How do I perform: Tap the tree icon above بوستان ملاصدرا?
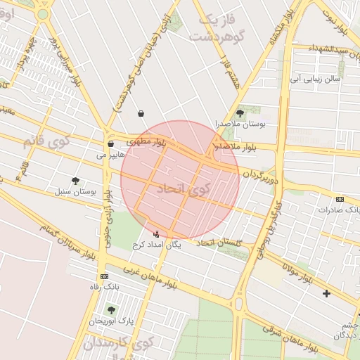click(x=240, y=112)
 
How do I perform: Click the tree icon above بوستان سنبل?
click(x=75, y=181)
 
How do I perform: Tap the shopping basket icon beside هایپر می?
click(x=110, y=143)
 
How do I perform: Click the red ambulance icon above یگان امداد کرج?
click(x=156, y=233)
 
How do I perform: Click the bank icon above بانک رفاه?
click(x=105, y=276)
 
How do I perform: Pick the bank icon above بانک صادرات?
click(x=340, y=199)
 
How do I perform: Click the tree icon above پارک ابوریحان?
click(x=110, y=309)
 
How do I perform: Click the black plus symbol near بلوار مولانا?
click(x=326, y=293)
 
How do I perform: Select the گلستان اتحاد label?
click(x=221, y=243)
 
